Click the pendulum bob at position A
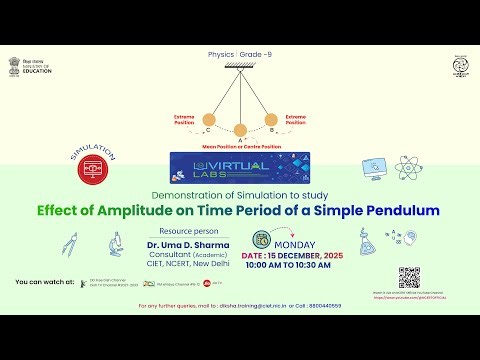(240, 128)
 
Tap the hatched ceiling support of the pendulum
(240, 66)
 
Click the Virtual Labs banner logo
(239, 163)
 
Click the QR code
(409, 277)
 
